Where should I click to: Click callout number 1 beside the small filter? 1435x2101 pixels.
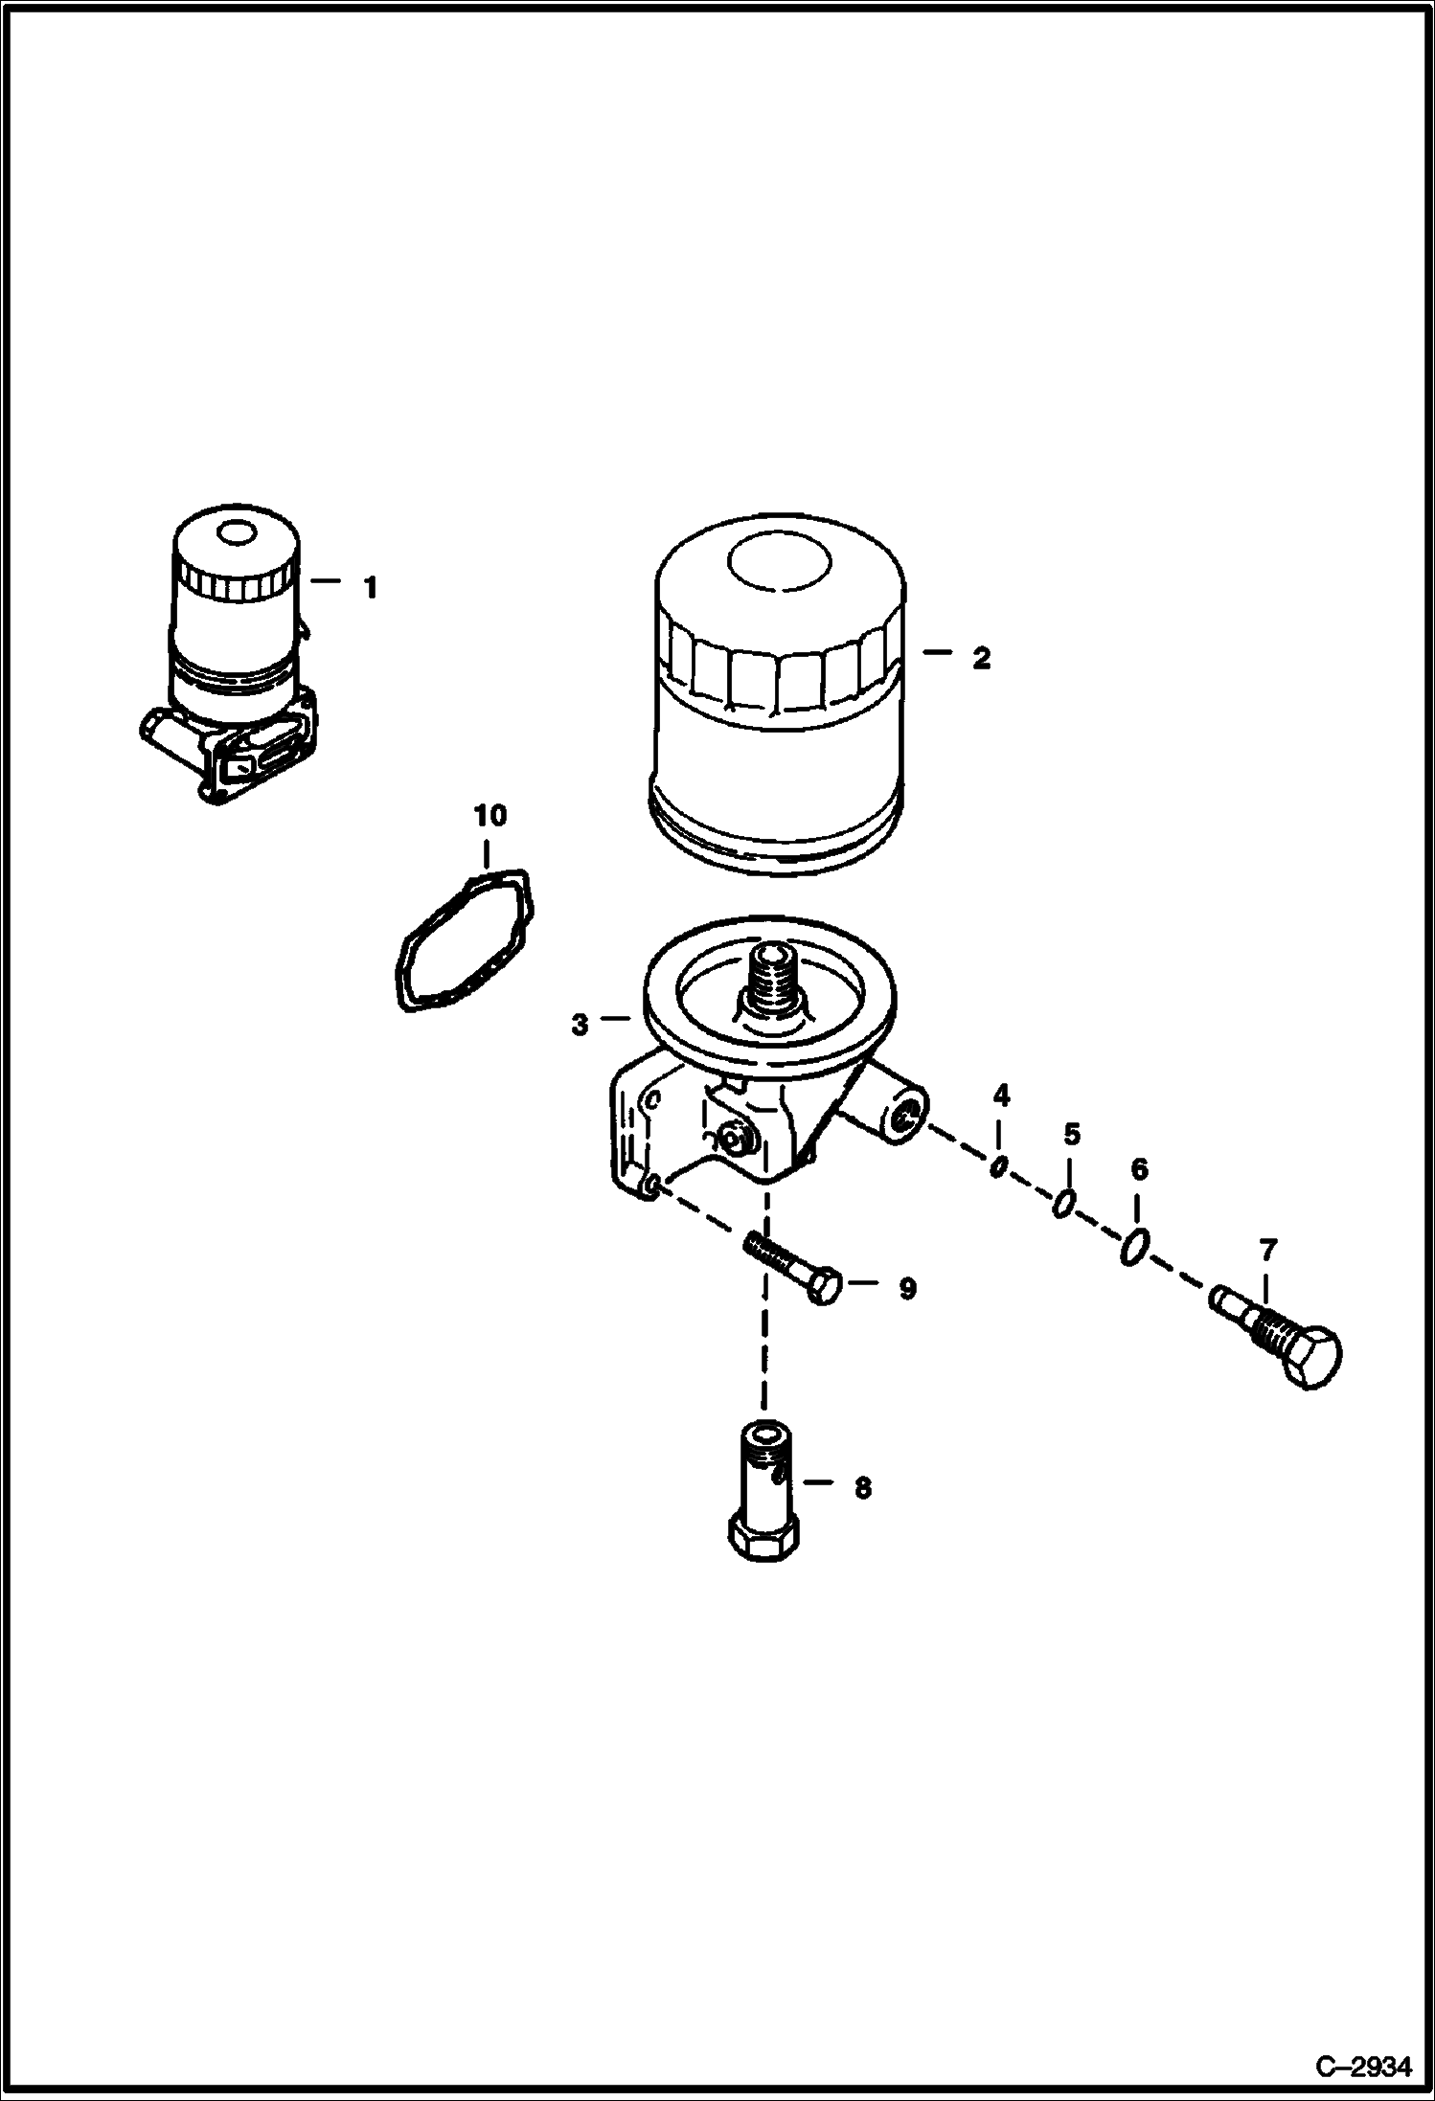click(x=371, y=587)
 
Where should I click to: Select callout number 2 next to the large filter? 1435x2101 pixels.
click(x=980, y=658)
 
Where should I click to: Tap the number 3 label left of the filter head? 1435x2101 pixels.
click(x=580, y=1025)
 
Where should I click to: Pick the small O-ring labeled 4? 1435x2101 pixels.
click(x=998, y=1166)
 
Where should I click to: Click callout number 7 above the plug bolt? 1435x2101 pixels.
click(x=1267, y=1250)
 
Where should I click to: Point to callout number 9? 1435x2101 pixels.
click(x=907, y=1289)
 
